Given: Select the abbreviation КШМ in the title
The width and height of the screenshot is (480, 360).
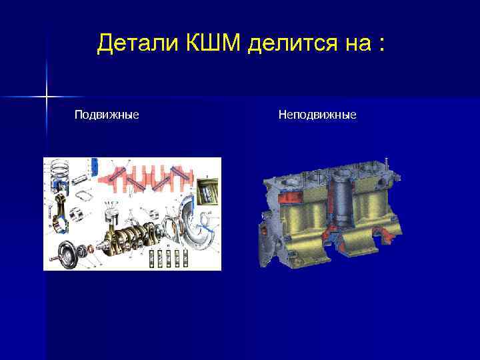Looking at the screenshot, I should (x=213, y=44).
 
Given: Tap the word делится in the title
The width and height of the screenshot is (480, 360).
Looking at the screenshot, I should (x=288, y=44).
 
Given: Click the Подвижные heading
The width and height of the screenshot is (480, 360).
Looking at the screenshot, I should (x=107, y=115).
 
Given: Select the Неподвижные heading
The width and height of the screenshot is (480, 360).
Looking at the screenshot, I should (x=317, y=115).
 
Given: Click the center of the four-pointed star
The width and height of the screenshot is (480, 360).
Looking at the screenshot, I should (x=47, y=97).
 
